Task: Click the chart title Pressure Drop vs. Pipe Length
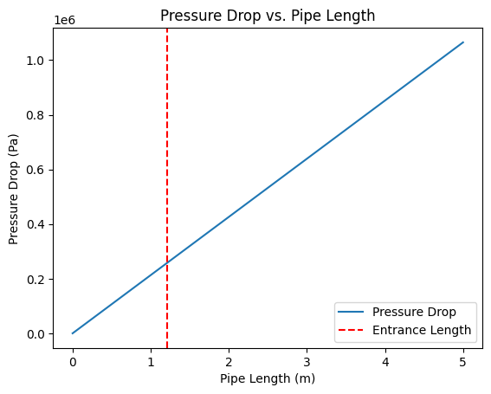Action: (x=268, y=15)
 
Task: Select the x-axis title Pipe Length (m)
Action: (x=268, y=378)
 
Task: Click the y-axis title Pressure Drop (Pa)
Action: (x=14, y=189)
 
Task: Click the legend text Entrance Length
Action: (x=422, y=330)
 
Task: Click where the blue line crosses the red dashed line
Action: (x=166, y=262)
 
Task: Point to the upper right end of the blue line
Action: (x=463, y=42)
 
